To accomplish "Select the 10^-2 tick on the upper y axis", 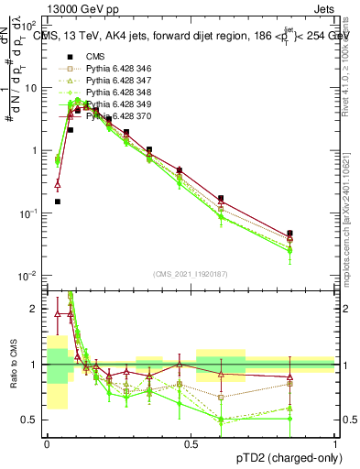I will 32,276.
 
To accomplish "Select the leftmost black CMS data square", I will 58,202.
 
